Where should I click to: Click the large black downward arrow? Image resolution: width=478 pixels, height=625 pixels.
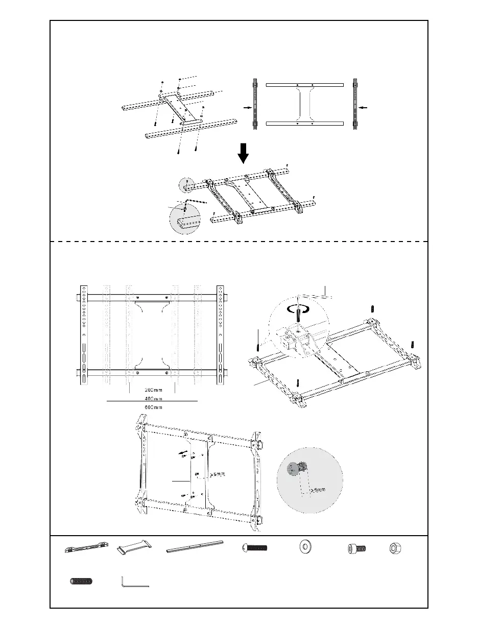pos(244,152)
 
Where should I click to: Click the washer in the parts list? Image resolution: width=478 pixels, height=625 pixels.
pos(305,547)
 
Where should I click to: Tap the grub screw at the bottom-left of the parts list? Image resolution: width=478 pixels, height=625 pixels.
pos(82,581)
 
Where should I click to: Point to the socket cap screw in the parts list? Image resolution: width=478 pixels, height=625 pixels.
pos(356,548)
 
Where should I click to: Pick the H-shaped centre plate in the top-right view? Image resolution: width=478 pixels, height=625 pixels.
pos(304,104)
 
